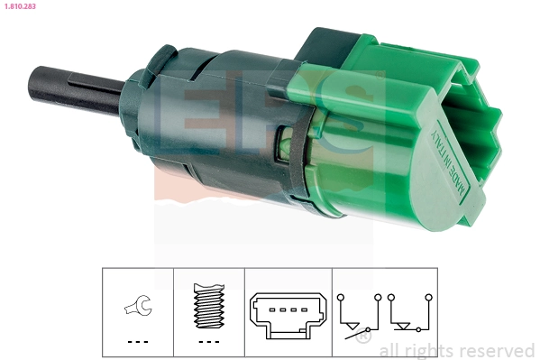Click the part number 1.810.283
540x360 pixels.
[x=19, y=7]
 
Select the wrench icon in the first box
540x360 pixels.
[x=138, y=307]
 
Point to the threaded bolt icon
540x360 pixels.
[x=208, y=307]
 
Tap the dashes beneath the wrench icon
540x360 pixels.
[x=137, y=342]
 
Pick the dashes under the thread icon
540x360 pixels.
[x=208, y=342]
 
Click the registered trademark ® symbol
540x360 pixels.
[x=362, y=338]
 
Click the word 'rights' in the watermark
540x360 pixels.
[x=426, y=350]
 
